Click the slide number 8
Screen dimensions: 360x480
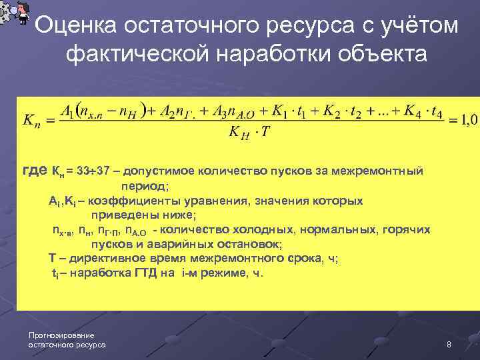tap(449, 344)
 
